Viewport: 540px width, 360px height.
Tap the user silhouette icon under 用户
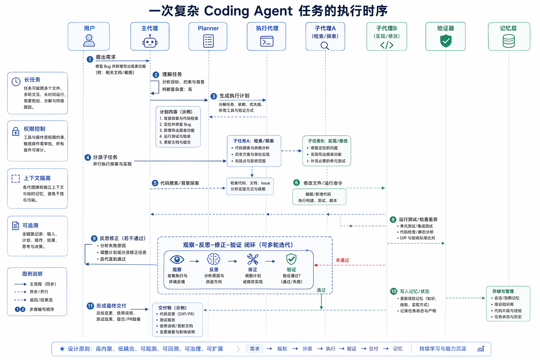(x=89, y=40)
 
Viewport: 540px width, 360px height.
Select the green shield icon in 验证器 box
(x=446, y=41)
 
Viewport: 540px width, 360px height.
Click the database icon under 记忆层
(x=508, y=41)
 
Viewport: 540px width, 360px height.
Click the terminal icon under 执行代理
(x=267, y=42)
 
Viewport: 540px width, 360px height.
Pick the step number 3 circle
(x=213, y=96)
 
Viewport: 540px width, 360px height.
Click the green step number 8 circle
(x=393, y=220)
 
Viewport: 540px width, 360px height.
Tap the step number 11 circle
(x=90, y=306)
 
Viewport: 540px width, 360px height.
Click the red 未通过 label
(x=342, y=260)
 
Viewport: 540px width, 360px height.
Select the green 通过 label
(x=321, y=290)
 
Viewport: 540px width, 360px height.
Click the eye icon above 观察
(x=177, y=259)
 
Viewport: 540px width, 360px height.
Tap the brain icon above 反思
(x=213, y=259)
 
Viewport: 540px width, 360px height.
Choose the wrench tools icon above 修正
(x=252, y=259)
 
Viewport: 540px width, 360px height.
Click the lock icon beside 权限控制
(x=16, y=131)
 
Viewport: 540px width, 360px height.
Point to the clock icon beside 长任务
(x=16, y=82)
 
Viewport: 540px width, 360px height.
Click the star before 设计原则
(x=62, y=349)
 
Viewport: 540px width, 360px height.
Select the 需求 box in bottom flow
(x=255, y=349)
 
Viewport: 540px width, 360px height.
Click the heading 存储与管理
(x=503, y=291)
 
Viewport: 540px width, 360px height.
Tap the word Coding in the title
(x=225, y=11)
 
